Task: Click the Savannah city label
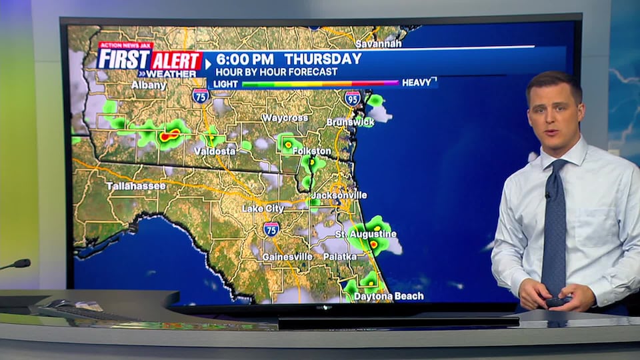[x=378, y=44]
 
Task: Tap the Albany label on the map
[x=148, y=85]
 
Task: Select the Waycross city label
[x=285, y=118]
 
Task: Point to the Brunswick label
[x=350, y=123]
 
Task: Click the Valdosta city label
[x=215, y=151]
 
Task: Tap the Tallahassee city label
[x=136, y=186]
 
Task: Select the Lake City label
[x=263, y=209]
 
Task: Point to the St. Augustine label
[x=365, y=234]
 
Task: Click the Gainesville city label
[x=287, y=257]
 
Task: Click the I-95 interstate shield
[x=353, y=99]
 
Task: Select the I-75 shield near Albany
[x=200, y=96]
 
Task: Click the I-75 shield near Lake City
[x=271, y=229]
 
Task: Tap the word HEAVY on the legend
[x=417, y=83]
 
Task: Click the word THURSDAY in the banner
[x=323, y=59]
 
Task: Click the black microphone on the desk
[x=17, y=264]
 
